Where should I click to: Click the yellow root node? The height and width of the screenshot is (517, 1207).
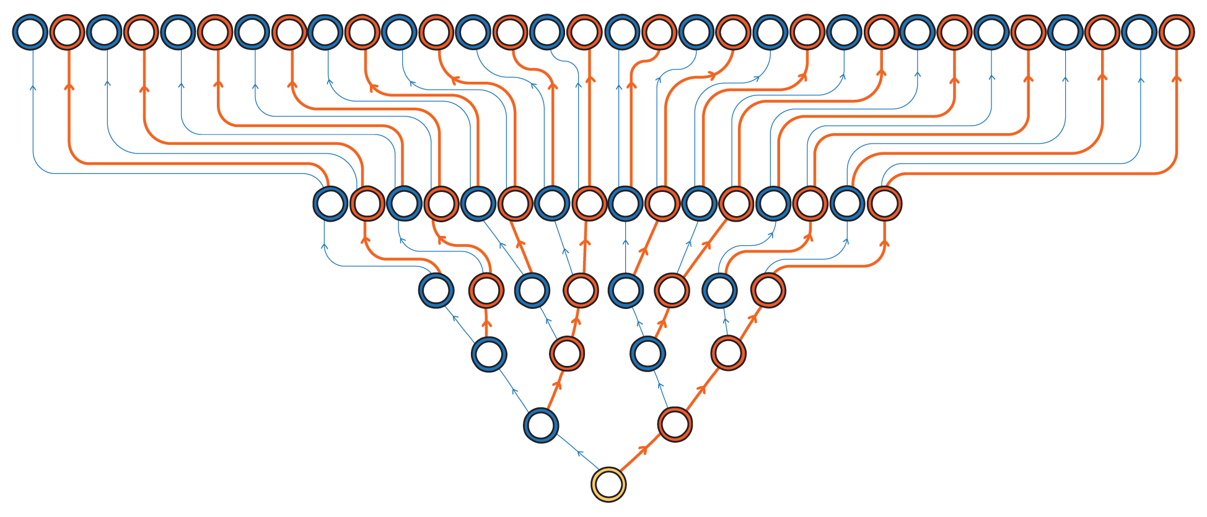point(608,484)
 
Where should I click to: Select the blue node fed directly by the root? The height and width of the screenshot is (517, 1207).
point(541,425)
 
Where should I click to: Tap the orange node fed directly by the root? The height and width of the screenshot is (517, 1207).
point(675,425)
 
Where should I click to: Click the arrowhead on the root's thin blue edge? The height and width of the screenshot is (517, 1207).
point(580,453)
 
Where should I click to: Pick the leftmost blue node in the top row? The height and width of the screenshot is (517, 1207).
point(30,32)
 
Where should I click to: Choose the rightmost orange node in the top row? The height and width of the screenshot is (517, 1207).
point(1177,32)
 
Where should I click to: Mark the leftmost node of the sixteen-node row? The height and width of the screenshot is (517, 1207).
point(330,203)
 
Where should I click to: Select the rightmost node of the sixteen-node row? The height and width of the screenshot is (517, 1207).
point(884,203)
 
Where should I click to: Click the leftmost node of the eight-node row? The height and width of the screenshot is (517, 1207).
point(436,290)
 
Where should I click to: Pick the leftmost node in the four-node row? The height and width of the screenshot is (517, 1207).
point(489,355)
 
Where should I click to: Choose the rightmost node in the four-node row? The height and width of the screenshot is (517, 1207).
point(728,354)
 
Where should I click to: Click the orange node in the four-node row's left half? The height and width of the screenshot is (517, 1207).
point(566,354)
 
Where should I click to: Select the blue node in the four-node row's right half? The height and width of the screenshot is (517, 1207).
point(647,354)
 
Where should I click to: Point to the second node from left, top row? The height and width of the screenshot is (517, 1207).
point(67,32)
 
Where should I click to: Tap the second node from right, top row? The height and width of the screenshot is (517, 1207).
point(1139,32)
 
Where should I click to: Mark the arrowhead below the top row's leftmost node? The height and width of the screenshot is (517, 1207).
point(33,87)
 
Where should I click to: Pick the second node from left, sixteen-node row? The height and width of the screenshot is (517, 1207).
point(367,203)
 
